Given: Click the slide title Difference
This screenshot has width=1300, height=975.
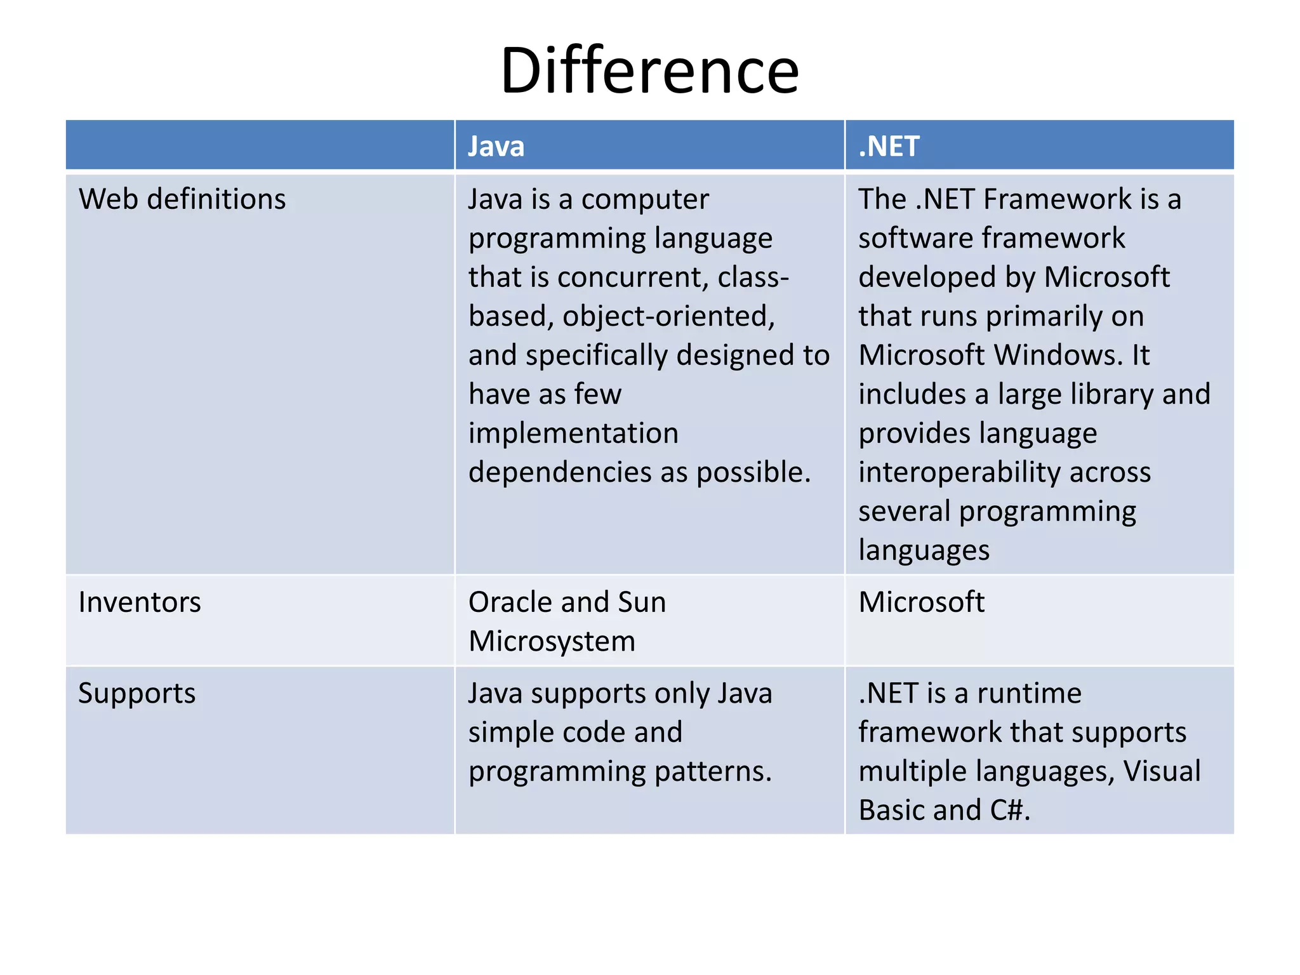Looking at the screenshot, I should click(x=649, y=70).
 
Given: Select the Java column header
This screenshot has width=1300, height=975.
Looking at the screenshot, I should click(x=496, y=147).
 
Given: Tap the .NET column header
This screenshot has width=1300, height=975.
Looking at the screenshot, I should click(x=888, y=147).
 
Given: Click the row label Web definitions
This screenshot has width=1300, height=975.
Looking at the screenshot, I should click(x=182, y=199).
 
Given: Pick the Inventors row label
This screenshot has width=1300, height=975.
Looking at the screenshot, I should click(x=140, y=602).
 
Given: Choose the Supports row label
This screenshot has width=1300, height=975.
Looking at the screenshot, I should click(x=136, y=694).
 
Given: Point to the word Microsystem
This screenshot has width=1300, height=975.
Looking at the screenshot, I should click(x=552, y=642).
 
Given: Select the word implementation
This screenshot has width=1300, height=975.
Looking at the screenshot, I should click(x=573, y=434).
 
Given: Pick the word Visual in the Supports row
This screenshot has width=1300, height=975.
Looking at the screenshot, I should click(x=1162, y=772).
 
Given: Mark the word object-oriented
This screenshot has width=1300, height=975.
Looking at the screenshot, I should click(x=668, y=317).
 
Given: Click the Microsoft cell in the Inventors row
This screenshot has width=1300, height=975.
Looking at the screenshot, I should click(x=921, y=602).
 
